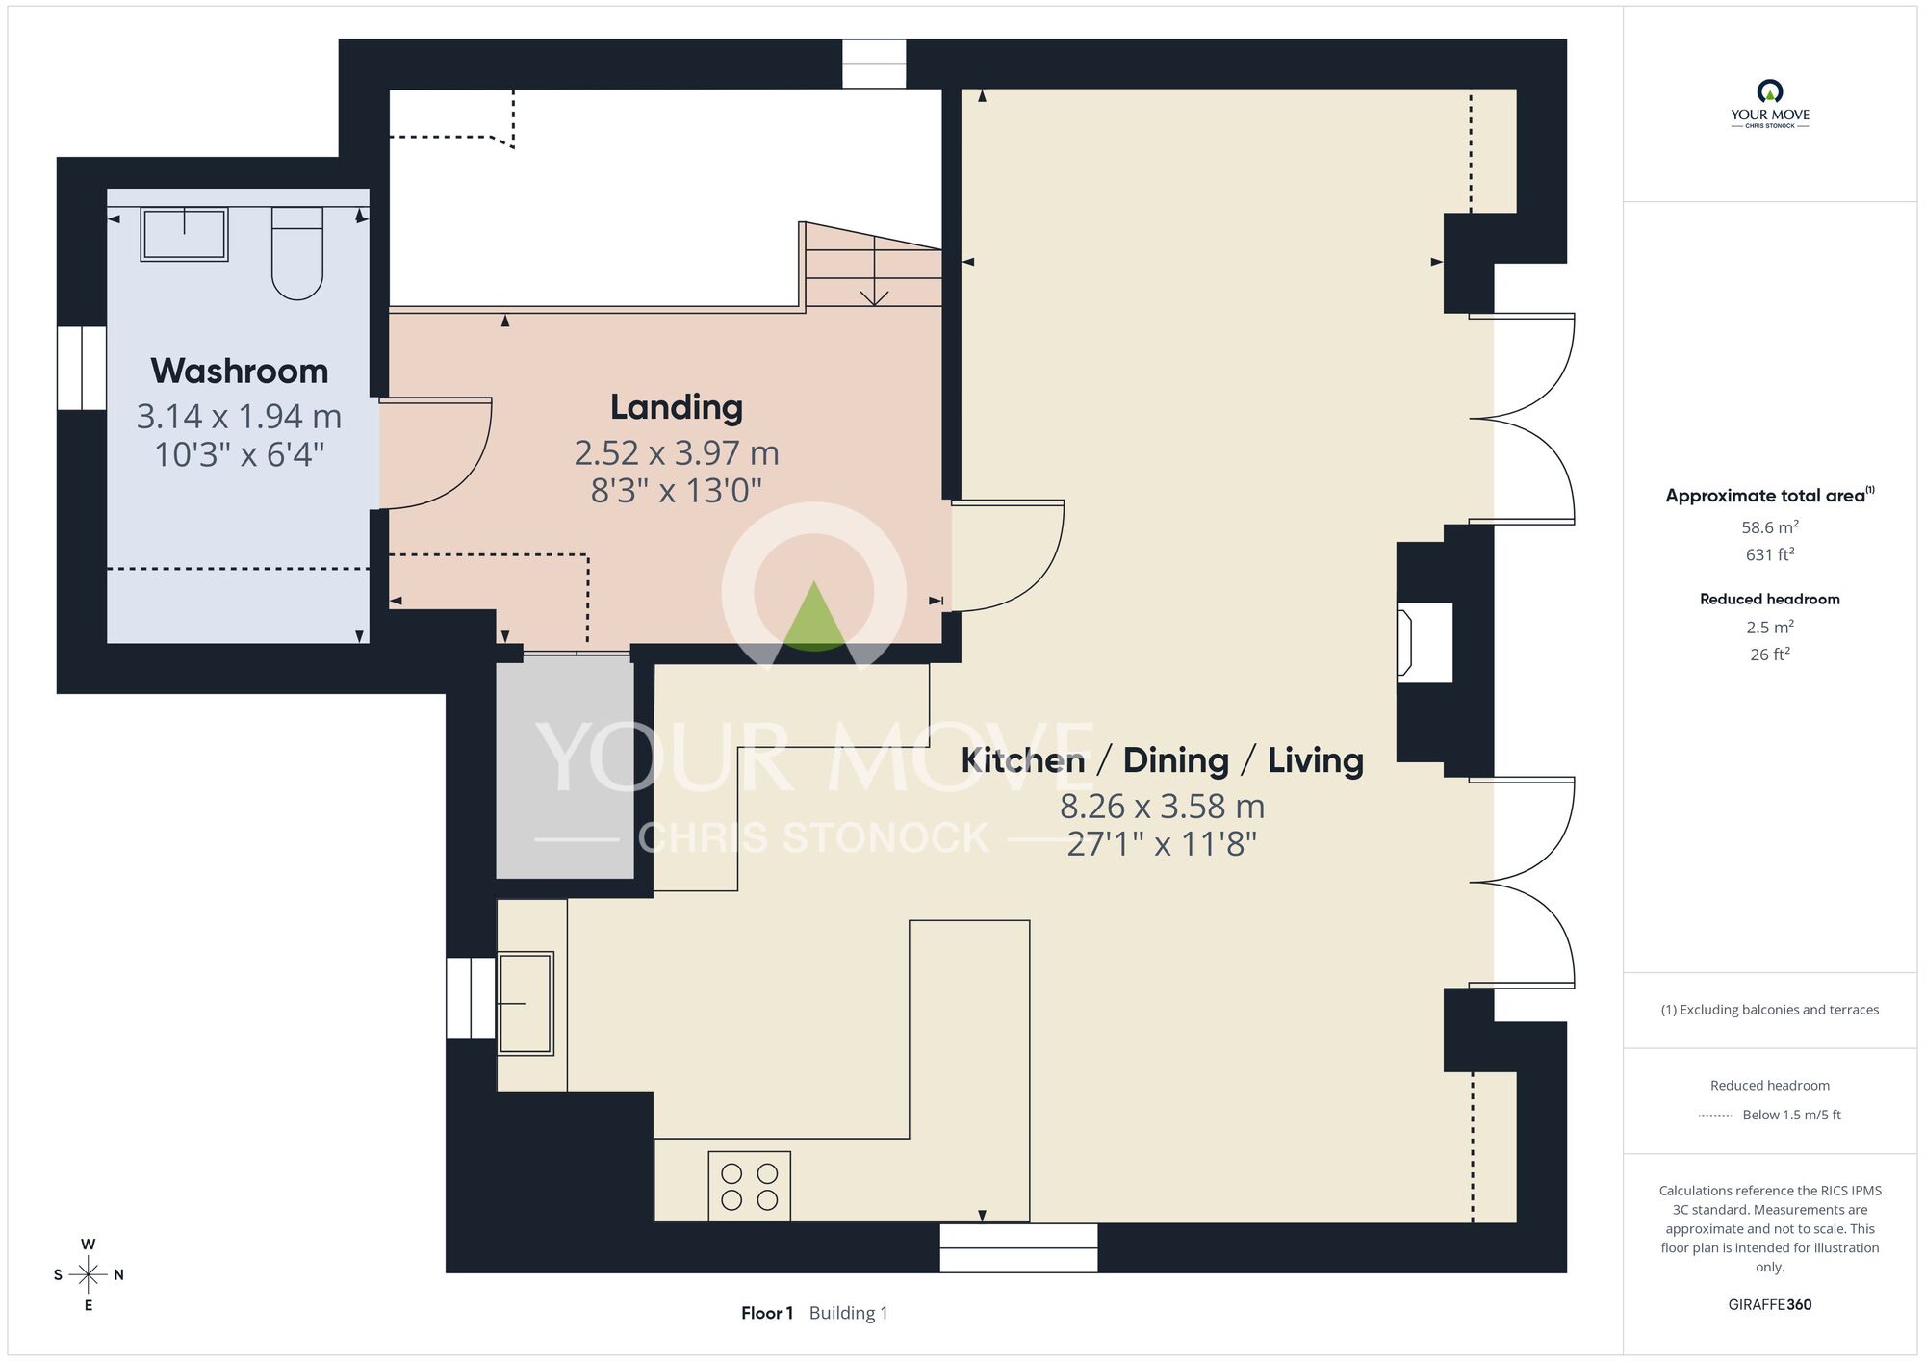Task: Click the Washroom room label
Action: (240, 372)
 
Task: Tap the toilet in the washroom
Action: (297, 253)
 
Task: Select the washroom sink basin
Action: (184, 234)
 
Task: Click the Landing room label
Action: (677, 407)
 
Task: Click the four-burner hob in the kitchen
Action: (750, 1187)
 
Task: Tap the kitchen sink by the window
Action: (526, 1004)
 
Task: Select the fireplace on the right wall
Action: (1424, 643)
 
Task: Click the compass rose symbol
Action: (89, 1275)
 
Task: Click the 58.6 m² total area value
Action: (1770, 527)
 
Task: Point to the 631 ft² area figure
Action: (1770, 554)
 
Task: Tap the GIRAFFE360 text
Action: (1770, 1305)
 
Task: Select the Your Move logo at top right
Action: (1770, 104)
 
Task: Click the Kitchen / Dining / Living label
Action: (1163, 760)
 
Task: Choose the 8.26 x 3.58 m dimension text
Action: (1163, 806)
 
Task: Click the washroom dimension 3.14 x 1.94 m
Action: (240, 417)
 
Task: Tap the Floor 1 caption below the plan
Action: (767, 1313)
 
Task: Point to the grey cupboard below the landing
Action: (565, 769)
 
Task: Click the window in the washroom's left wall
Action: (82, 368)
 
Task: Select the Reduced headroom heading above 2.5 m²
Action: (1770, 599)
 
